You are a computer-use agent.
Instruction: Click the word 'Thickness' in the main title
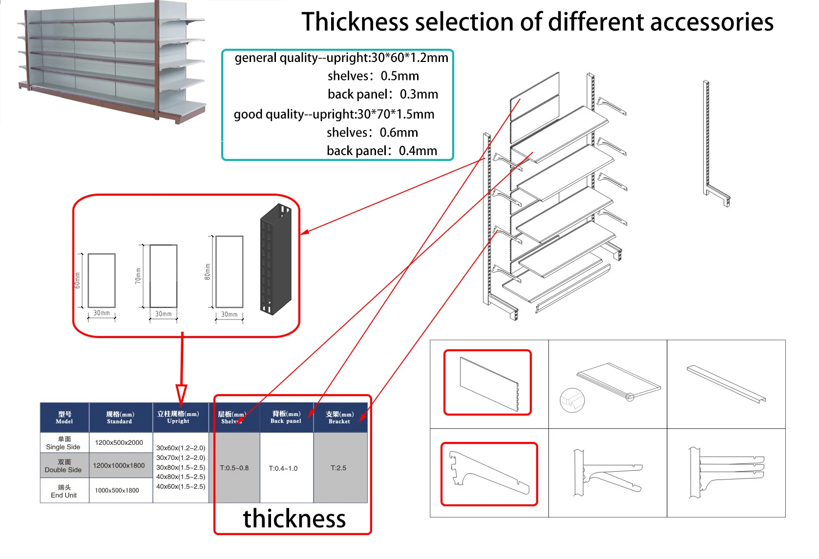(x=355, y=22)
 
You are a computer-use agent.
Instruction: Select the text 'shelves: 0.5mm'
(x=373, y=76)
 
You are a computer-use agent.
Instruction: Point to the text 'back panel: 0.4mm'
(x=381, y=151)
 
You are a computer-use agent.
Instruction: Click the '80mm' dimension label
(x=208, y=272)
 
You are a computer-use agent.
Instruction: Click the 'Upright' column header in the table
(x=178, y=417)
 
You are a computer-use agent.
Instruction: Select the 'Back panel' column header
(x=286, y=417)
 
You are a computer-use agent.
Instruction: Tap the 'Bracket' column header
(x=339, y=418)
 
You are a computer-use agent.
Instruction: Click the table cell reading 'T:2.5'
(x=338, y=468)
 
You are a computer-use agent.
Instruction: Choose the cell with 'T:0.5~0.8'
(x=234, y=468)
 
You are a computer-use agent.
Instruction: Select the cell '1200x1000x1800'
(x=119, y=465)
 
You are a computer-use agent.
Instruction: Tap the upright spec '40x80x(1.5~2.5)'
(x=181, y=477)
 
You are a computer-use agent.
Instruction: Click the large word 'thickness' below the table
(x=294, y=519)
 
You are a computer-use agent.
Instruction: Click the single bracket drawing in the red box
(x=489, y=474)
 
